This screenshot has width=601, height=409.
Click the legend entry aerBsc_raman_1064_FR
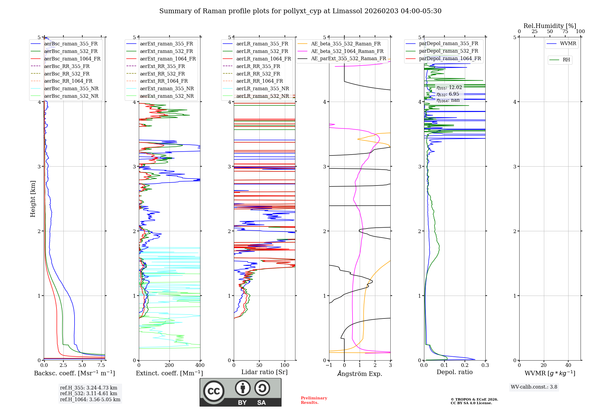point(72,59)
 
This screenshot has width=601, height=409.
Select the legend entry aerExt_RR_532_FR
point(162,74)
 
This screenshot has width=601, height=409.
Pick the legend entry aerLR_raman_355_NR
point(262,88)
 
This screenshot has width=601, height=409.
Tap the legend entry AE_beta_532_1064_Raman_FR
point(347,51)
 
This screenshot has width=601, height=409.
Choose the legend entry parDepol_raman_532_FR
point(448,51)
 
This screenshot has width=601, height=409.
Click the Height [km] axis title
point(33,199)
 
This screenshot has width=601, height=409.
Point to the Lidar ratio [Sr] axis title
point(264,372)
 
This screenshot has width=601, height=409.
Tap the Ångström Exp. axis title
point(360,374)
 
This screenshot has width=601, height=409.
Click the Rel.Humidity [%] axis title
point(550,26)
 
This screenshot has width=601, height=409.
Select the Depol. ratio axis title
point(454,372)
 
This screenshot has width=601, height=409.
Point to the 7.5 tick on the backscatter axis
point(102,365)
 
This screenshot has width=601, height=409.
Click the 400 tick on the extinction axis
point(200,365)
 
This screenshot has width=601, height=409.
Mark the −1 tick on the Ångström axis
point(329,365)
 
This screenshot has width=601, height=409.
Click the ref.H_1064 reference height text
point(90,399)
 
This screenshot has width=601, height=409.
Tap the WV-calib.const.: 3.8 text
point(534,387)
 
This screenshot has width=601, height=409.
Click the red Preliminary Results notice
point(314,400)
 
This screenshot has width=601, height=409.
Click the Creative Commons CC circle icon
point(214,391)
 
